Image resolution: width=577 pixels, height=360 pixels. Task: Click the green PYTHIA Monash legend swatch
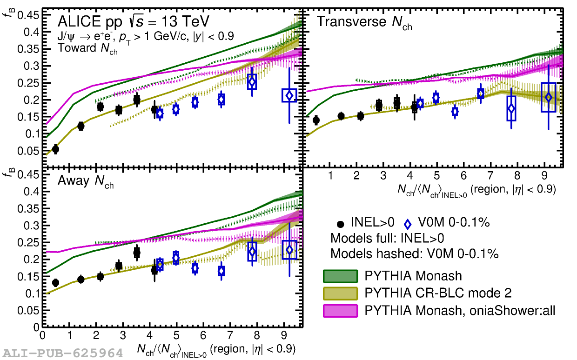(x=340, y=276)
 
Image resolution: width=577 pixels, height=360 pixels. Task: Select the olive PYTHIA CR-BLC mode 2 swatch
(x=340, y=293)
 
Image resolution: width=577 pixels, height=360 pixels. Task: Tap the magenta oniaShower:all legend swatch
(x=340, y=310)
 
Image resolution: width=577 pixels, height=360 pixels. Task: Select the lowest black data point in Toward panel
(x=55, y=149)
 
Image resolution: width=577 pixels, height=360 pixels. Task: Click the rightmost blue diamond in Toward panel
(x=289, y=95)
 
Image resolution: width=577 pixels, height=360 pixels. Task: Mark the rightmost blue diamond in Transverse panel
(x=549, y=97)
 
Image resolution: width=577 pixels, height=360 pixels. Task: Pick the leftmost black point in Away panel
(x=55, y=283)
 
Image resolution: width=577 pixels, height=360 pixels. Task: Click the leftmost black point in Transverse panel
(x=316, y=120)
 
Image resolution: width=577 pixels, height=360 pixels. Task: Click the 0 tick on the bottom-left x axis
(x=43, y=335)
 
